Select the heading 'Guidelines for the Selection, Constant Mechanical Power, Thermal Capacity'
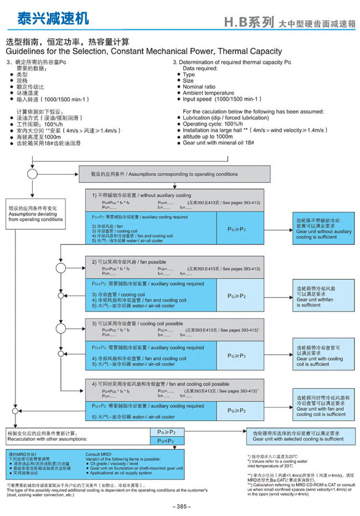144,52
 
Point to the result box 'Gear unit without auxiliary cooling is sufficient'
323,228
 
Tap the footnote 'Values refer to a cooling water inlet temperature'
277,463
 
